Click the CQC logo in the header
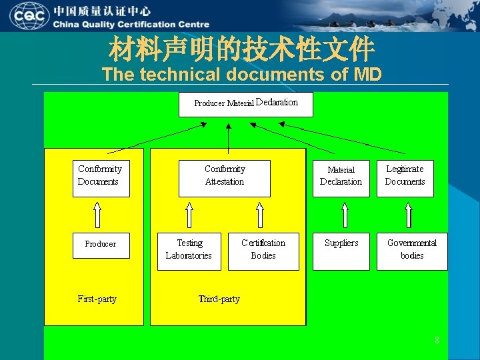pyautogui.click(x=29, y=15)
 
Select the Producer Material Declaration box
pyautogui.click(x=245, y=104)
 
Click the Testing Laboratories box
pyautogui.click(x=189, y=251)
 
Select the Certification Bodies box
pyautogui.click(x=263, y=251)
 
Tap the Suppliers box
pyautogui.click(x=341, y=251)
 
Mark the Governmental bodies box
pyautogui.click(x=411, y=251)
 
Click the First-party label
pyautogui.click(x=97, y=299)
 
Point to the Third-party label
pyautogui.click(x=219, y=299)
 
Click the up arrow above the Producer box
pyautogui.click(x=97, y=215)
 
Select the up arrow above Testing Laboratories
pyautogui.click(x=189, y=215)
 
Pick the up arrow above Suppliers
pyautogui.click(x=344, y=215)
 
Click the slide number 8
pyautogui.click(x=437, y=341)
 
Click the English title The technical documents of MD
pyautogui.click(x=241, y=74)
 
